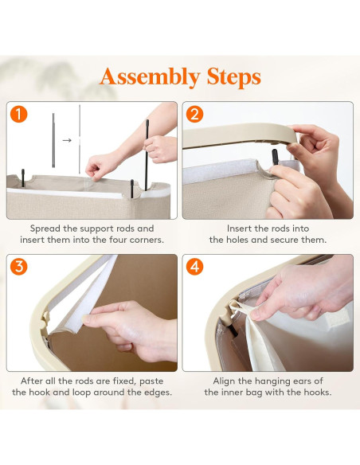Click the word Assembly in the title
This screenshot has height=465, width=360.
[x=150, y=77]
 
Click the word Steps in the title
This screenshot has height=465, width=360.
[x=234, y=77]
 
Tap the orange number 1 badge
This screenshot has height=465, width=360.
[x=18, y=114]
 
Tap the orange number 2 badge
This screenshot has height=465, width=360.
[x=194, y=114]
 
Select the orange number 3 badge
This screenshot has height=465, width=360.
[x=18, y=266]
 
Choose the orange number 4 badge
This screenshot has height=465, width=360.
[x=194, y=266]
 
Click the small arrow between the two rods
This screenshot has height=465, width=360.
[x=67, y=140]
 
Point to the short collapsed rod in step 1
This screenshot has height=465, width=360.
[x=53, y=140]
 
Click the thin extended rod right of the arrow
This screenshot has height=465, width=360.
[x=80, y=139]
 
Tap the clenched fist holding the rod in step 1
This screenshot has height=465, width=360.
[x=160, y=149]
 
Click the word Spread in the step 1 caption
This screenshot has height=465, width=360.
[x=45, y=229]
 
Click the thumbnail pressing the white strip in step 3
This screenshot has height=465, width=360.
[x=86, y=319]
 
